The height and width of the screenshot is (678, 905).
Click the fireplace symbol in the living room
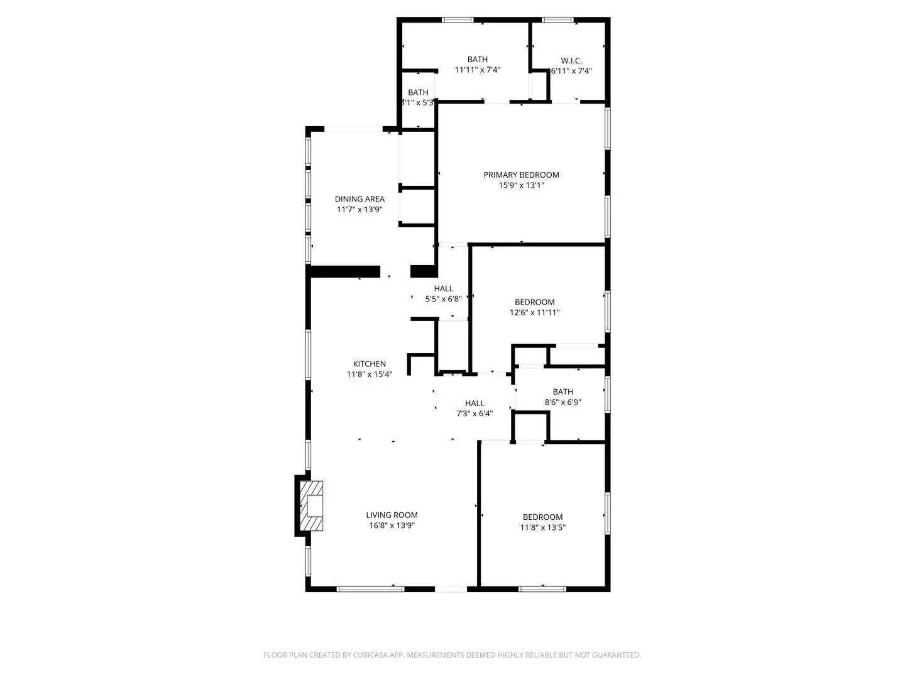312,505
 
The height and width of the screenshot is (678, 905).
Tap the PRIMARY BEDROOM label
521,175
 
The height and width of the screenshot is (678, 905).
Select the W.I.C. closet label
571,60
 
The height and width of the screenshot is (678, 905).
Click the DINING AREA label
359,199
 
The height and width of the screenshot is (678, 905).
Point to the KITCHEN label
370,363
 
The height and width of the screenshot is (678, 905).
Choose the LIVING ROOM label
392,515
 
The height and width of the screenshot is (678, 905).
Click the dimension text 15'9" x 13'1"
521,185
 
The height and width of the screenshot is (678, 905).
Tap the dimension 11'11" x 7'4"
478,70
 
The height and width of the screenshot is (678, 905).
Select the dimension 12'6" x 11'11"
534,312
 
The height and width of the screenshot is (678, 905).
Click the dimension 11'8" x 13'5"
542,527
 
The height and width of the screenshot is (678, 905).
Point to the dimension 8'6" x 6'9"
562,402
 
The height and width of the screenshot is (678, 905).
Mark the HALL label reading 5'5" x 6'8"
443,289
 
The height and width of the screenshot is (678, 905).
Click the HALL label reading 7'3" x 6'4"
474,403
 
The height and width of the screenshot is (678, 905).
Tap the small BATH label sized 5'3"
418,92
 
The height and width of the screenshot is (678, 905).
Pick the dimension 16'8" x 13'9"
392,525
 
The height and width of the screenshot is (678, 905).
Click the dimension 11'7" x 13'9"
359,210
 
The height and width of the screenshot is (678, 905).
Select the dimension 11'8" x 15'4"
370,374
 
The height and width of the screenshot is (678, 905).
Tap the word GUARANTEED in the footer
615,655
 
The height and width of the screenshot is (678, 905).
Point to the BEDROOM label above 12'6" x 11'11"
534,302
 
